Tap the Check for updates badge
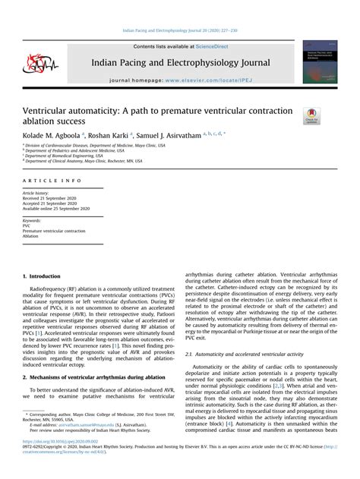(311, 116)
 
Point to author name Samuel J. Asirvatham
(183, 134)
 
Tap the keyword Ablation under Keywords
(30, 236)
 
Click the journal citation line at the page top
(179, 31)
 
